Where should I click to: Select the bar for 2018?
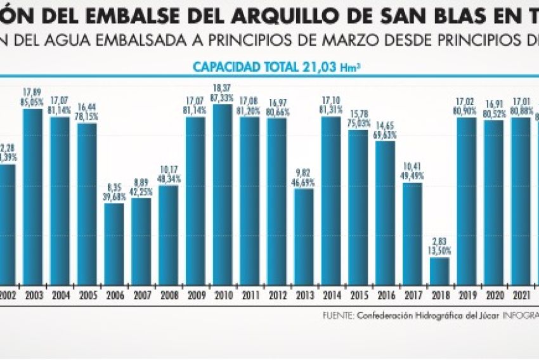tap(439, 271)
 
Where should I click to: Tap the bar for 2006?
tap(114, 243)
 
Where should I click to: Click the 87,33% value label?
tap(223, 98)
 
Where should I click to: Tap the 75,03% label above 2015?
tap(358, 124)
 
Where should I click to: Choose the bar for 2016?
tap(385, 212)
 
